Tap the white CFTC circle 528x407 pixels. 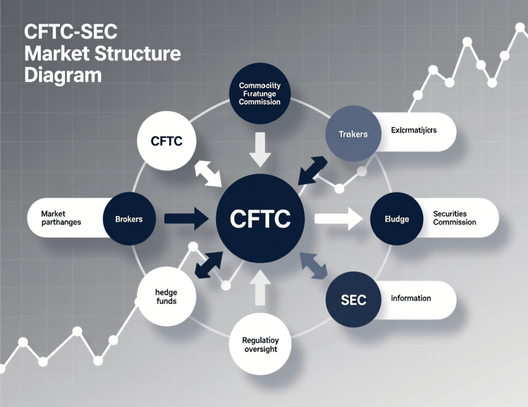click(167, 141)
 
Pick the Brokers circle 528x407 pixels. click(129, 219)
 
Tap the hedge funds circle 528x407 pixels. click(166, 296)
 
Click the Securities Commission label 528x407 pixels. click(454, 218)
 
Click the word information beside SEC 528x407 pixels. click(411, 298)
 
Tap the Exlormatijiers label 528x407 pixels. click(413, 130)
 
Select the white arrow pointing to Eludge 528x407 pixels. click(338, 218)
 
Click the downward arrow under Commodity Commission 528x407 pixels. click(260, 149)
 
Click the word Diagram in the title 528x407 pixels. click(63, 75)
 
